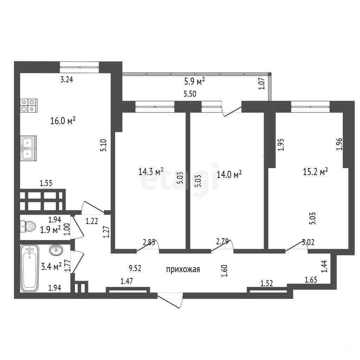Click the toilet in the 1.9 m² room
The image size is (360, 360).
coord(28,226)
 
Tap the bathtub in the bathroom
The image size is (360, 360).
coord(30,268)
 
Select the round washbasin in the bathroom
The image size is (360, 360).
coord(56,250)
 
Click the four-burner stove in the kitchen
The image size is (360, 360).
coord(29,105)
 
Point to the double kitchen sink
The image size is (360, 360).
coord(28,148)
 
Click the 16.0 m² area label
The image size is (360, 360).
coord(63,121)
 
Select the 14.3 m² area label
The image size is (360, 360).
coord(151,171)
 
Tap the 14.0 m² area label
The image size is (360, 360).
coord(229,174)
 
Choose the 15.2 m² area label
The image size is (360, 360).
coord(315,172)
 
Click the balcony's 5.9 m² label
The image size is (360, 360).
coord(194,81)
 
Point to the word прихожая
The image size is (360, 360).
coord(183,269)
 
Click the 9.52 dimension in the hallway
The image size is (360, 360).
coord(135,268)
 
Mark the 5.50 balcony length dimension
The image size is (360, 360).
coord(190,94)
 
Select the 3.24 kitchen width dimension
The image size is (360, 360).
coord(66,79)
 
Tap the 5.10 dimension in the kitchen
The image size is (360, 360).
coord(104,145)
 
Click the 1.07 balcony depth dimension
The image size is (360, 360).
coord(262,84)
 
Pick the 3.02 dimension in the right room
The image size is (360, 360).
coord(308,242)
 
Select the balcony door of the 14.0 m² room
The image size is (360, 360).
coord(232,112)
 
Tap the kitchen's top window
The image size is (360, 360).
coord(79,67)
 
